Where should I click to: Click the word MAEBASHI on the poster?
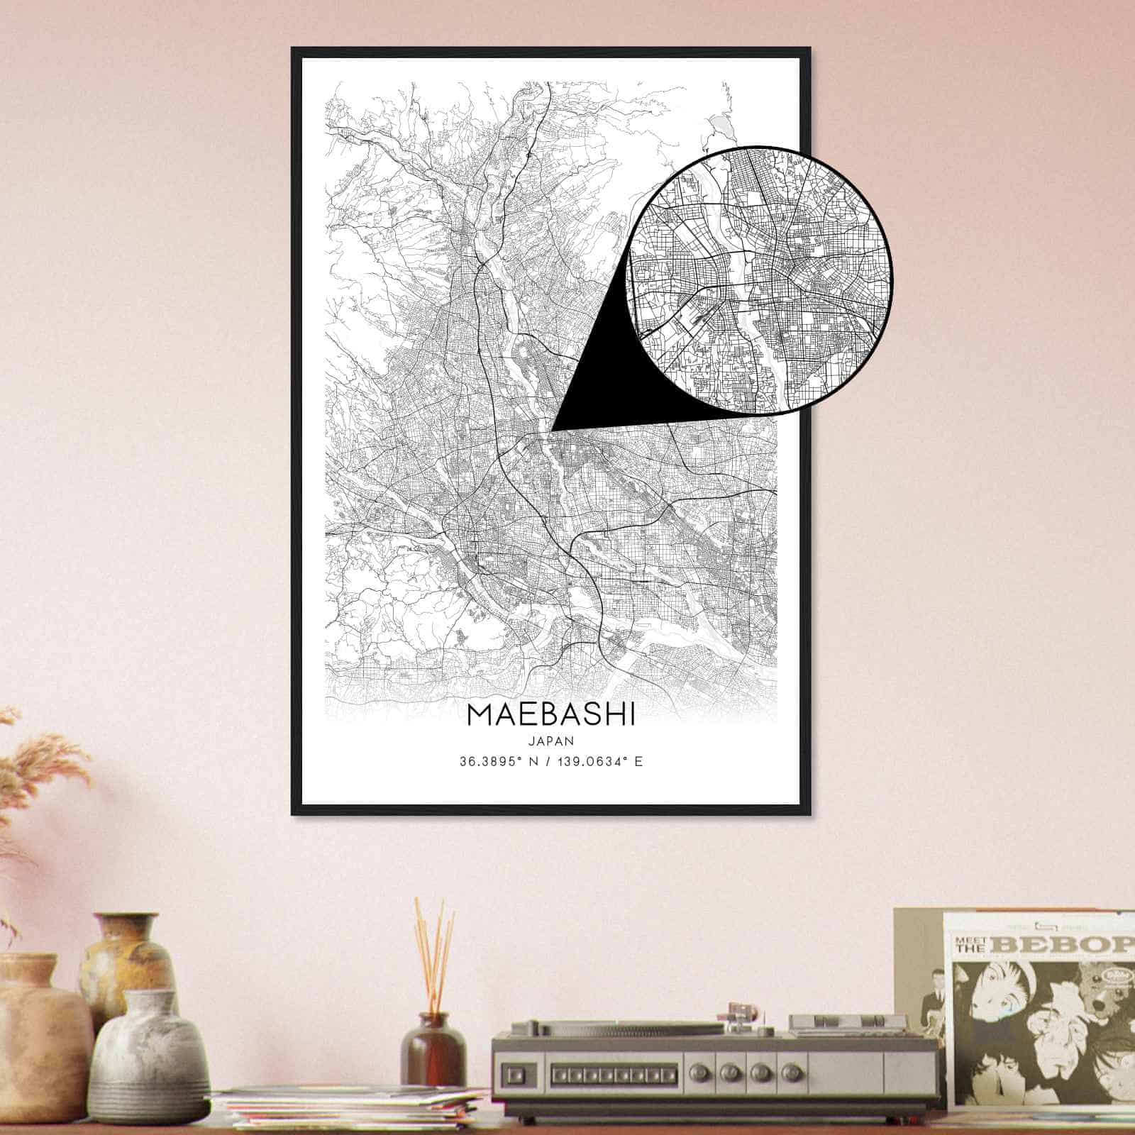click(x=551, y=715)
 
